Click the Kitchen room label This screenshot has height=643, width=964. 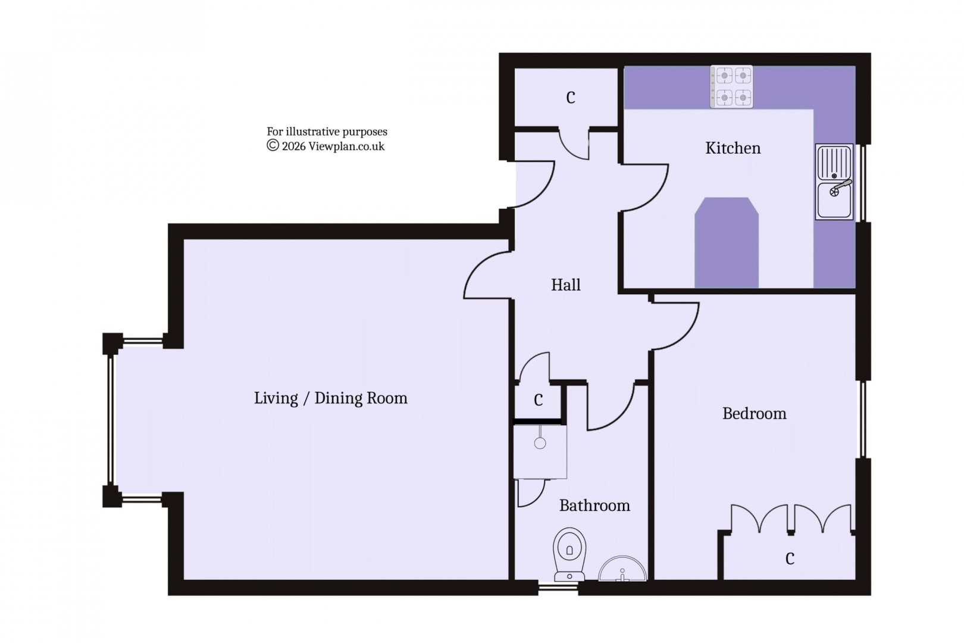pos(733,148)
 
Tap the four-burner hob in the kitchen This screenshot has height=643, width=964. pos(731,86)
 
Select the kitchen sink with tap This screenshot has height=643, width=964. pos(834,182)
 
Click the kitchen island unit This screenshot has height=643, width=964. pos(727,243)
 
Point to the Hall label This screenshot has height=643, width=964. pos(565,285)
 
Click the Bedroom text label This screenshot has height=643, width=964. pos(754,414)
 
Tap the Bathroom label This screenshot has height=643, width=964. pos(594,506)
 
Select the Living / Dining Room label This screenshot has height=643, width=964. pos(330,398)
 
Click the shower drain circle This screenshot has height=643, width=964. pos(540,444)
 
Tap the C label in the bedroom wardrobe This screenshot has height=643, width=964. pos(790,559)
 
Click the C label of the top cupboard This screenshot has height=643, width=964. pos(571,98)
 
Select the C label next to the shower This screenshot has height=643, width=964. pos(538,401)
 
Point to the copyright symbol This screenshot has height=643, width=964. pos(273,146)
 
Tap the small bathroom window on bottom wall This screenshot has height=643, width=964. pos(558,588)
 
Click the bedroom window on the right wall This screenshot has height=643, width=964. pos(860,419)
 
